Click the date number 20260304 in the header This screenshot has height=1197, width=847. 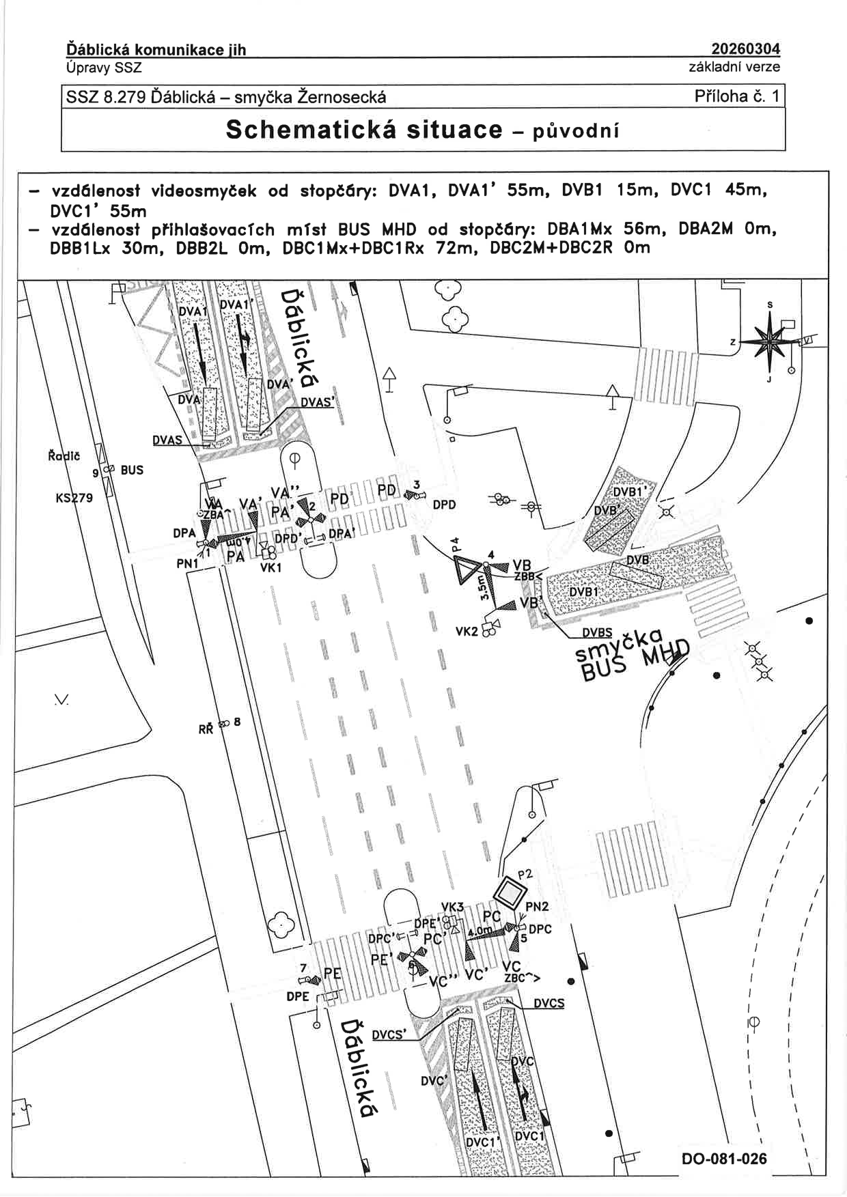tap(745, 48)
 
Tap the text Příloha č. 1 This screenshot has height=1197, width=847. tap(736, 96)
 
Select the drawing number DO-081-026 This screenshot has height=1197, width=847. tap(724, 1159)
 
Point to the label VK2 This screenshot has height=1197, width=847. tap(467, 632)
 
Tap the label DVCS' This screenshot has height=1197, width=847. tap(389, 1035)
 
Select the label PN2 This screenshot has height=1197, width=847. tap(537, 907)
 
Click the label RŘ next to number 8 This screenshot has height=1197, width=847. tap(206, 729)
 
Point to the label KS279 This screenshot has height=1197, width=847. tap(74, 498)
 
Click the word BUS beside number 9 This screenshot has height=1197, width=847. tap(132, 470)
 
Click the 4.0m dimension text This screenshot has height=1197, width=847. tap(481, 931)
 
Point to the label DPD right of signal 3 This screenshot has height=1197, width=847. tap(444, 505)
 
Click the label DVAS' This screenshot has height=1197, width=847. tap(318, 403)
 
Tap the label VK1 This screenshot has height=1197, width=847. tap(270, 567)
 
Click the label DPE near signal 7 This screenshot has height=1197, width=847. tap(298, 996)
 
